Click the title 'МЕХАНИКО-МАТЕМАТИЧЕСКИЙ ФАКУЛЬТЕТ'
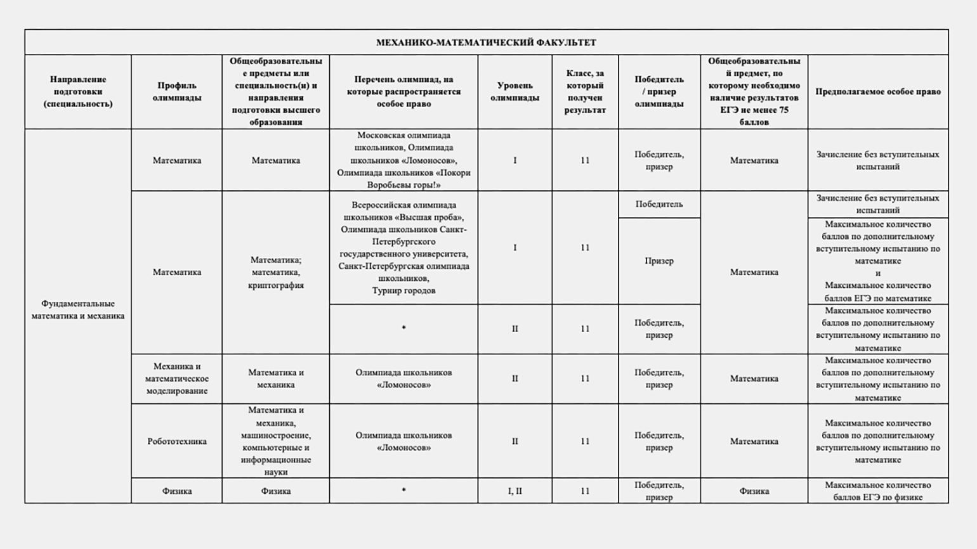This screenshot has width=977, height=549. coord(486,42)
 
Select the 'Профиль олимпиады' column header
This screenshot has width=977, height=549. coord(176,91)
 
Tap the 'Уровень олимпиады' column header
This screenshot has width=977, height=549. coord(515,91)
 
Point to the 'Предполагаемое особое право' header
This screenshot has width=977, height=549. coord(877,91)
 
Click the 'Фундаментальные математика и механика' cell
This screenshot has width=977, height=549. coord(78,309)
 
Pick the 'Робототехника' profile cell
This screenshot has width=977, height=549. coord(176,441)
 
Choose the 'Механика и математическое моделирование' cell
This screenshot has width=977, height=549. coord(176,378)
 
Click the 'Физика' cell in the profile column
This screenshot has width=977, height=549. coord(176,491)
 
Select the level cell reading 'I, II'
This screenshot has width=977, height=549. coord(515,491)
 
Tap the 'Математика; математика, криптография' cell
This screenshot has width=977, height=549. coord(275,272)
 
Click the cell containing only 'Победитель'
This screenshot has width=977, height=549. coord(659,204)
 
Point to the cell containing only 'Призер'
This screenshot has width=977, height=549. coord(659,261)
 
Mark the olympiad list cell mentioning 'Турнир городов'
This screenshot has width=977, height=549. coord(403,247)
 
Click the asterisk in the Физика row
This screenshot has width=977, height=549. coord(403,490)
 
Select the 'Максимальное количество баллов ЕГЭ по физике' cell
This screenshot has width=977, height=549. coord(877,491)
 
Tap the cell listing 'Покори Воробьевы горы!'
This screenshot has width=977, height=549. coord(403,160)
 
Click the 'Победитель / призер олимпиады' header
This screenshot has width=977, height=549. coord(659,91)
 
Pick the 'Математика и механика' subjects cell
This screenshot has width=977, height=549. coord(275,378)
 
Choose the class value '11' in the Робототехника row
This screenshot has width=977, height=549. coord(584,441)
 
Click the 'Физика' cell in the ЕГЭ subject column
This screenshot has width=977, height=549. coord(754,491)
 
